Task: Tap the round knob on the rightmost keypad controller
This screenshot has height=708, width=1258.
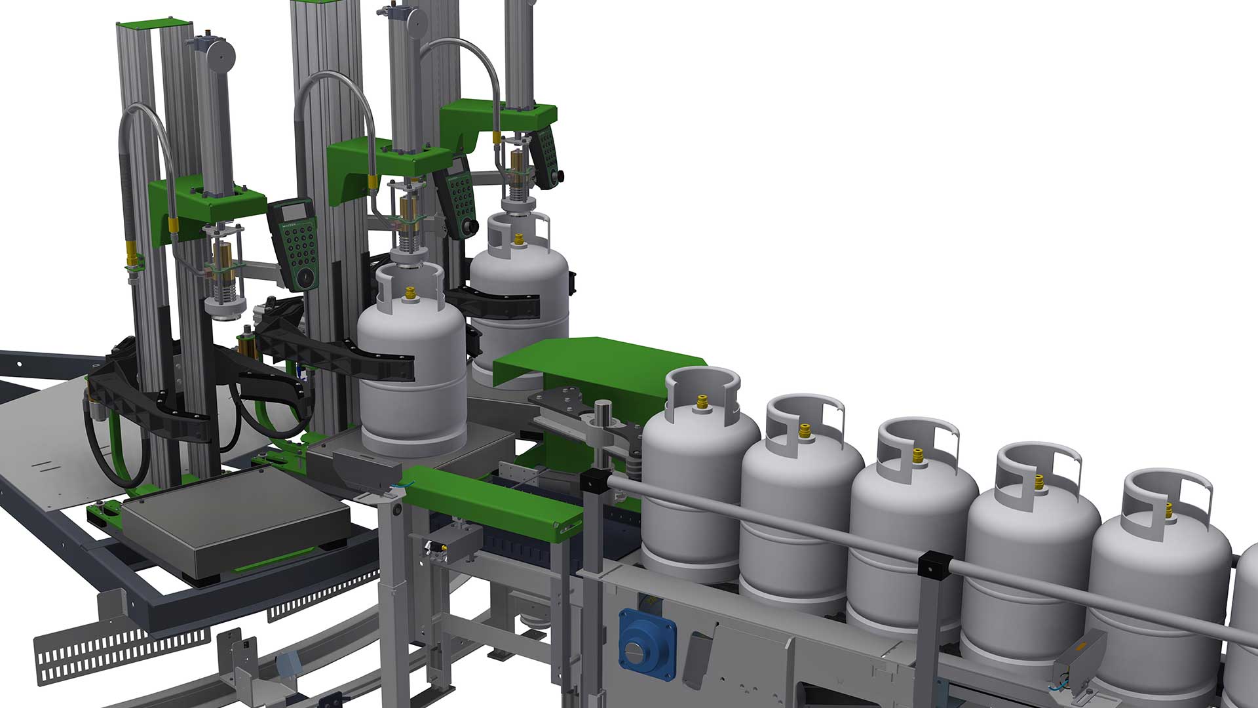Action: coord(561,176)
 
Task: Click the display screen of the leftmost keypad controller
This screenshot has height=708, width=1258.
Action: coord(292,216)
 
